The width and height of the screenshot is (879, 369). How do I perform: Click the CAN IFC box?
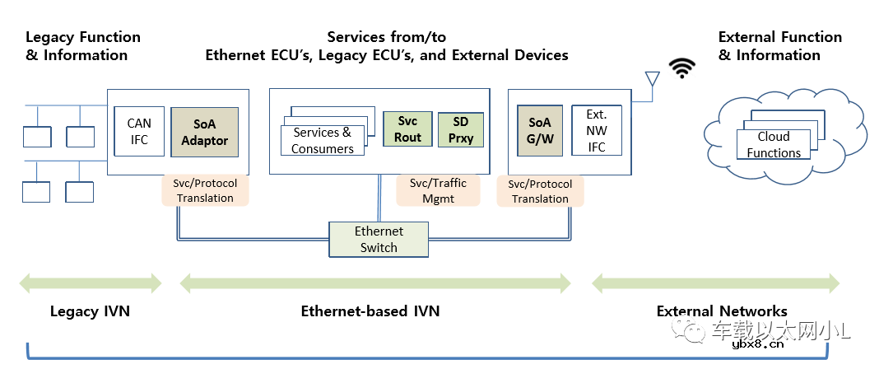[139, 132]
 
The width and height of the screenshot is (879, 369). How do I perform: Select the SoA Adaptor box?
[204, 132]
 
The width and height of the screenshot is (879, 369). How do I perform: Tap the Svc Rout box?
[407, 129]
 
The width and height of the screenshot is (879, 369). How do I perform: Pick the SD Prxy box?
[461, 129]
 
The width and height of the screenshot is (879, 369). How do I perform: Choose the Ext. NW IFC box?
[597, 130]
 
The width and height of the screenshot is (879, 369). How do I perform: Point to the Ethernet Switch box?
[379, 239]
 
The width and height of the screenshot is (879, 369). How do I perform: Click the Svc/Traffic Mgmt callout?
[438, 190]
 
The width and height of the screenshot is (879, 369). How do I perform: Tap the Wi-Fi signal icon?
[681, 69]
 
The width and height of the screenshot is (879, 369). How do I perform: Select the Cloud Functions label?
[774, 145]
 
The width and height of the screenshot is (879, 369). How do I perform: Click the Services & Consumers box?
[323, 141]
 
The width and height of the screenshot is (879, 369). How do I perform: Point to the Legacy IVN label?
[90, 311]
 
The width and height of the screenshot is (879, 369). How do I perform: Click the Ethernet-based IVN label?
[370, 311]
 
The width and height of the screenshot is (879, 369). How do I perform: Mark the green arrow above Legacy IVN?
[91, 283]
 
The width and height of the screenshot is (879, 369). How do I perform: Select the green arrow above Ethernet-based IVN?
[374, 283]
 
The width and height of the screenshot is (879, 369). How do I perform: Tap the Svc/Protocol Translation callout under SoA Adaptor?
[205, 190]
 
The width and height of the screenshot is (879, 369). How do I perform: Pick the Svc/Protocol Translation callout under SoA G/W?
[540, 191]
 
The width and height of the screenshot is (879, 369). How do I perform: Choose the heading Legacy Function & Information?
[83, 46]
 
